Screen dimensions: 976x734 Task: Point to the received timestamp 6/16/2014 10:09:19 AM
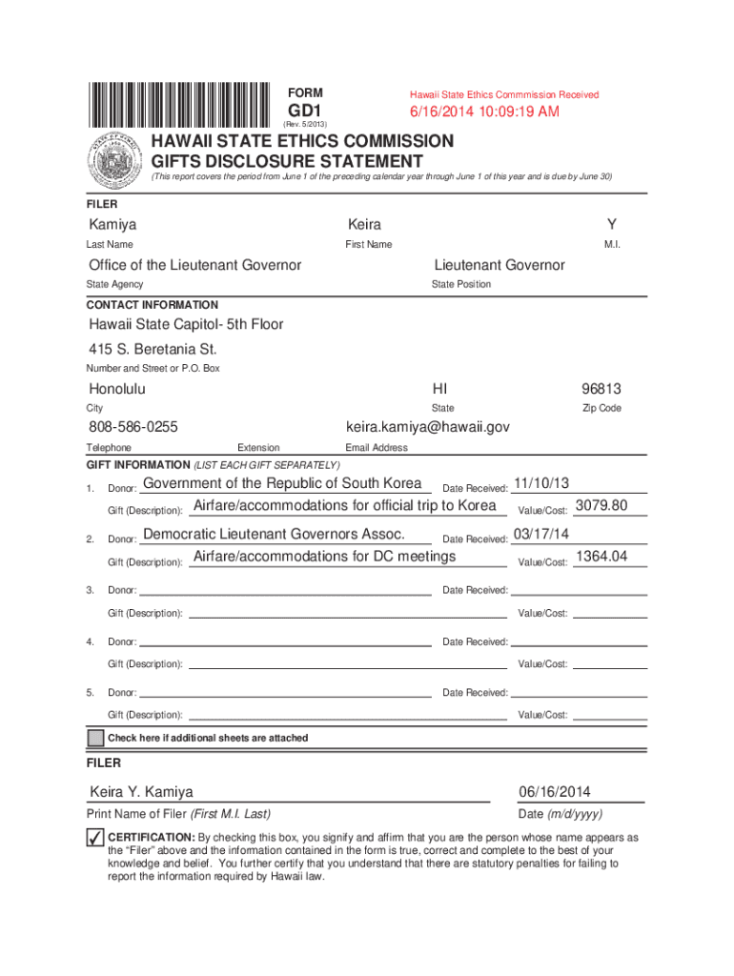484,112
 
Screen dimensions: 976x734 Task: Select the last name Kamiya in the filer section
112,225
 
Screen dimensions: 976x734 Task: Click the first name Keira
365,225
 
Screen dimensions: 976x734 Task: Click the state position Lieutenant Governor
500,265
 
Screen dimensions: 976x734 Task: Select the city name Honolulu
117,389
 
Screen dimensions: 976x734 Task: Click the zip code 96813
601,389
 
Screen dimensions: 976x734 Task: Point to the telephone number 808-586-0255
133,427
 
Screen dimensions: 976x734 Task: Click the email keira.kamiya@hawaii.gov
428,427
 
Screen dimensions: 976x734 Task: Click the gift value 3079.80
601,504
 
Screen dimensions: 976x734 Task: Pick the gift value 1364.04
601,556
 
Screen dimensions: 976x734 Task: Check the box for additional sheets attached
95,739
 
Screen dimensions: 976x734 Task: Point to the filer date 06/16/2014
556,792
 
